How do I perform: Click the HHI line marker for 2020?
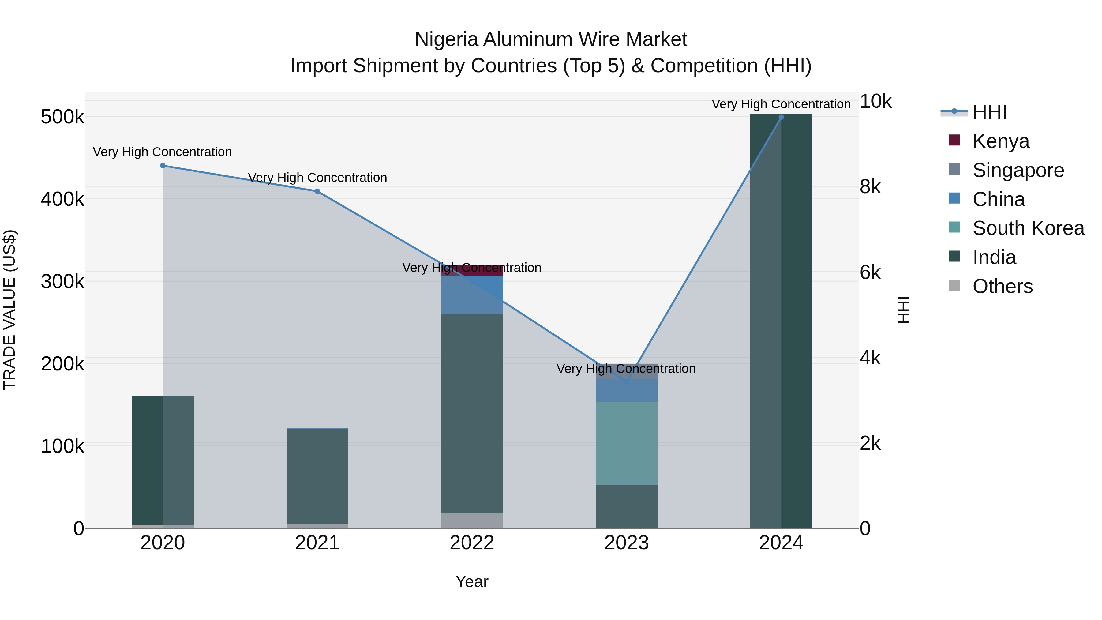[x=163, y=166]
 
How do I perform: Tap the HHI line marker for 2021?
[x=317, y=191]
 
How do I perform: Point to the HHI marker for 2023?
[x=627, y=381]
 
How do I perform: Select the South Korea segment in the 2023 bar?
[x=626, y=443]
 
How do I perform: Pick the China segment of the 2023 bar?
[x=626, y=390]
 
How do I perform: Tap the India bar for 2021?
[x=317, y=476]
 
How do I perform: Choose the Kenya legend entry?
[x=1001, y=141]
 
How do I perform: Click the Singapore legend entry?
[x=1018, y=170]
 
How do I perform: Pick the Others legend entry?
[x=1002, y=286]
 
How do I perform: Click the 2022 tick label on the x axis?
[x=472, y=543]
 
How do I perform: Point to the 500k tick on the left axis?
[x=62, y=117]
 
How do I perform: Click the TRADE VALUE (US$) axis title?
[x=9, y=310]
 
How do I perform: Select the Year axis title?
[x=472, y=581]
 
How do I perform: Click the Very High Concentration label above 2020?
[x=163, y=152]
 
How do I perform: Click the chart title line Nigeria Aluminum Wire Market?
[x=551, y=39]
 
